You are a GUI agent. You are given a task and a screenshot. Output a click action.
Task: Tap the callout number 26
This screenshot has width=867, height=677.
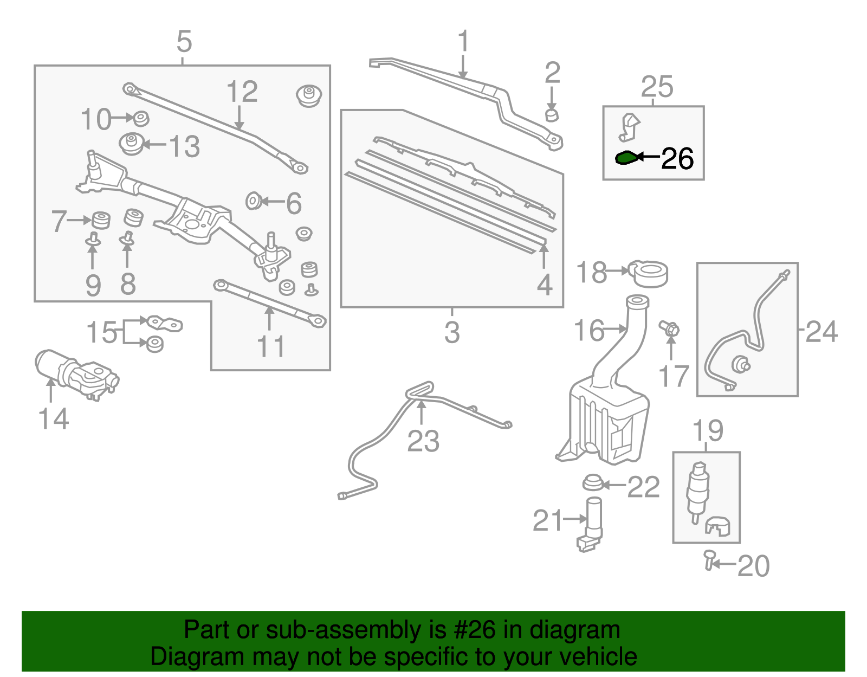click(677, 159)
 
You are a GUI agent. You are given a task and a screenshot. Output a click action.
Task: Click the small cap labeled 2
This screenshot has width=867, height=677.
click(552, 115)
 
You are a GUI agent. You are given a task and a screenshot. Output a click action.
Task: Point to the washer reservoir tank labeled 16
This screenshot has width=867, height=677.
click(607, 417)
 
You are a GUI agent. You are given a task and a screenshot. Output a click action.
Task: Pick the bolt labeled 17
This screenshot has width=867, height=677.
click(670, 328)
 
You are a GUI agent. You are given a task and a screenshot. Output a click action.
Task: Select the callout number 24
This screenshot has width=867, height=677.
click(821, 331)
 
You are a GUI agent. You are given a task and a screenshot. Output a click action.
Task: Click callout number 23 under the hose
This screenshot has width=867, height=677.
click(423, 441)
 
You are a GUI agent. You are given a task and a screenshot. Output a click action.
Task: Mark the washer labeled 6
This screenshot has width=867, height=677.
click(253, 202)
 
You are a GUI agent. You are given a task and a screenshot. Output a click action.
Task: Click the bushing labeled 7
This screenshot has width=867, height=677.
click(100, 220)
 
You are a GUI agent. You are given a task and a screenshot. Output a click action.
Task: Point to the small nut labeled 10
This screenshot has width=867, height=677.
click(141, 118)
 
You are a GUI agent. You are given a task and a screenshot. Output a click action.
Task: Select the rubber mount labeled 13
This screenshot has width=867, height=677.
click(132, 144)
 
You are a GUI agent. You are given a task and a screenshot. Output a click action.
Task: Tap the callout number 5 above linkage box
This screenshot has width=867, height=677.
click(184, 41)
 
